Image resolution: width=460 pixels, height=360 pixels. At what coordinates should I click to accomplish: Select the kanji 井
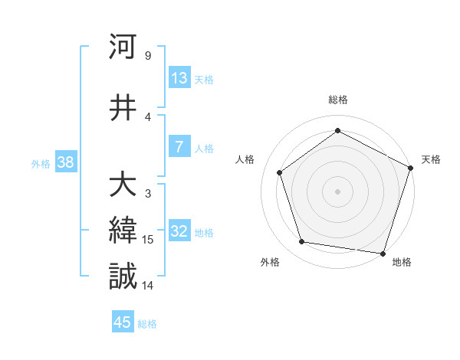point(123,107)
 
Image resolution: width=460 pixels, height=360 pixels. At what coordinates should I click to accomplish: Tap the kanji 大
point(123,185)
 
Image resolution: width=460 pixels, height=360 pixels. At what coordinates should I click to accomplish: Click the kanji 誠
point(123,277)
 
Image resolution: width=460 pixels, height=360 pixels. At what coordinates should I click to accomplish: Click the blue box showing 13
point(179,78)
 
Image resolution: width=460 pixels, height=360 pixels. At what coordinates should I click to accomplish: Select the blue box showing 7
point(179,148)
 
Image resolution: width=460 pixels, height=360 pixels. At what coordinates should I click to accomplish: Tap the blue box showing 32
point(179,232)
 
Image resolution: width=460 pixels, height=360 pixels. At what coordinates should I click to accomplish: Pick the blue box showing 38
point(64,162)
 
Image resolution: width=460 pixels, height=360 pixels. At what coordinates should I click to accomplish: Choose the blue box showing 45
point(123,322)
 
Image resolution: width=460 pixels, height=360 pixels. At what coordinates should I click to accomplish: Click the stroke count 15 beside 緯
point(148,240)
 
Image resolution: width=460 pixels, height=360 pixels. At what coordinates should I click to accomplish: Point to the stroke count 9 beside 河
point(148,55)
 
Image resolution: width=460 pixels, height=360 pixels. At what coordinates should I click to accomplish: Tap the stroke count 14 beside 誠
point(148,285)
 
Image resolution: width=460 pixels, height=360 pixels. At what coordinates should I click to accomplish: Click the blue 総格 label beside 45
point(147,324)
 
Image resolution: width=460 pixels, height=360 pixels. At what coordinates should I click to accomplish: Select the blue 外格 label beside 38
point(41,163)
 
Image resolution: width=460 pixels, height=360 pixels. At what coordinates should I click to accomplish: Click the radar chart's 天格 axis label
point(432,159)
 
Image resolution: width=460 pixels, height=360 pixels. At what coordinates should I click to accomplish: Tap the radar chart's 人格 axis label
point(245,159)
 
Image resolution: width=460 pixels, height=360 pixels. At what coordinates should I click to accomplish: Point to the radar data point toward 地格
point(383,253)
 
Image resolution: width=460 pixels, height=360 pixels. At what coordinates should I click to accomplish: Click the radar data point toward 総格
point(337,130)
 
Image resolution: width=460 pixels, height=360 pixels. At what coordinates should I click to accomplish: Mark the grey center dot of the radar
point(337,191)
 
